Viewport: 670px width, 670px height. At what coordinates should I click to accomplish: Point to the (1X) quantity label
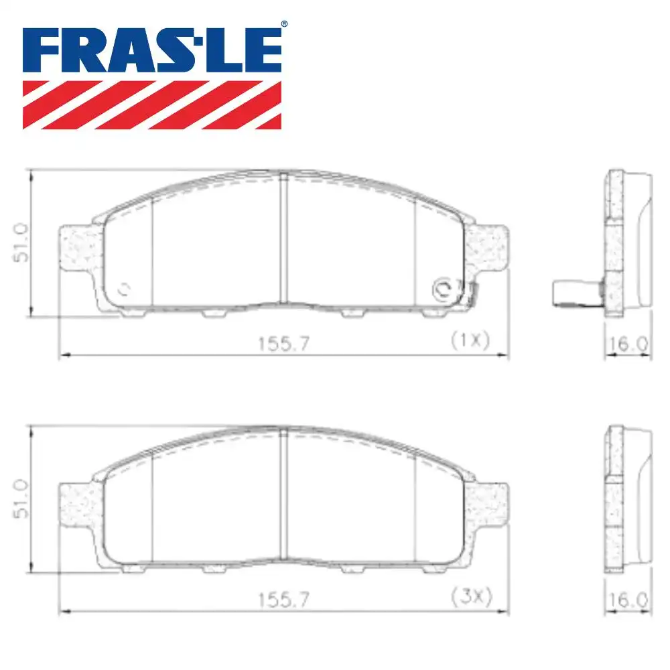(470, 340)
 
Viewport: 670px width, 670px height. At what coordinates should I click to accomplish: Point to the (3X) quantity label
(471, 596)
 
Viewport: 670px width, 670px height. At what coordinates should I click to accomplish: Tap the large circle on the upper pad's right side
(443, 289)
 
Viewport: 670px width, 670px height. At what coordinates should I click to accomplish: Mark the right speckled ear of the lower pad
(488, 503)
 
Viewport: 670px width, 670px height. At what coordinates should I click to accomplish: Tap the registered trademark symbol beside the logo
(284, 24)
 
